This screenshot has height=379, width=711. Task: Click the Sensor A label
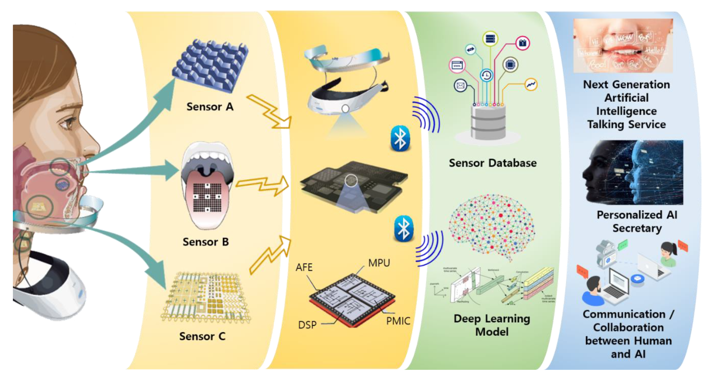[210, 107]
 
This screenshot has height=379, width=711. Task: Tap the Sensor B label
[206, 242]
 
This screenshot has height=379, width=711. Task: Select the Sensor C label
[202, 336]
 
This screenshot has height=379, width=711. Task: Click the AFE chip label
[304, 267]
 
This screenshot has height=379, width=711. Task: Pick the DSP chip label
[307, 325]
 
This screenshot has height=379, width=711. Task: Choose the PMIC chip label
[398, 321]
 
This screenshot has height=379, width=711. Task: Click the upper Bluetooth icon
[400, 139]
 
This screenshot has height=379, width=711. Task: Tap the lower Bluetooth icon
[404, 229]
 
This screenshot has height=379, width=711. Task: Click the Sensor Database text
[493, 163]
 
